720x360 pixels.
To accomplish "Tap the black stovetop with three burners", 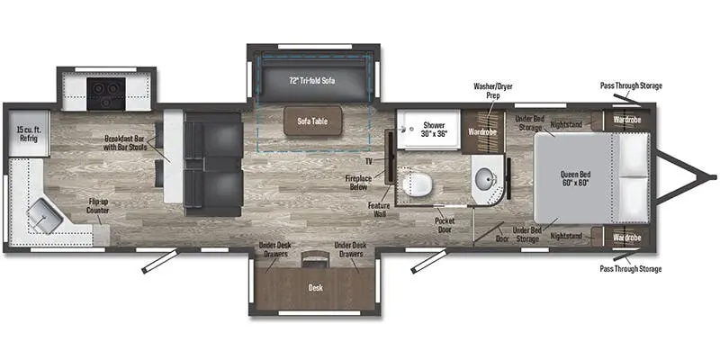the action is click(x=106, y=94).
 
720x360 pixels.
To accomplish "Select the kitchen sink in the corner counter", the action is click(x=44, y=217).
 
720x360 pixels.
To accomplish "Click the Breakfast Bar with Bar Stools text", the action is click(x=126, y=142).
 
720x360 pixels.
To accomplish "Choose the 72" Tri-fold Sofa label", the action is click(x=311, y=81).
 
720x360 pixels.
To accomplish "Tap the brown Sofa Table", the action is click(x=312, y=121).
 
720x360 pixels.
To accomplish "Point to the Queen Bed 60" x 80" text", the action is click(x=575, y=178).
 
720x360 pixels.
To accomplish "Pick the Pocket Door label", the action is click(x=445, y=225).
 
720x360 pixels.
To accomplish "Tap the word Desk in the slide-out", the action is click(x=316, y=287).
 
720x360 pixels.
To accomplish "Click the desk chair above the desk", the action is click(x=315, y=258).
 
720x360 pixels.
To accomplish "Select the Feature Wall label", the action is click(x=379, y=210).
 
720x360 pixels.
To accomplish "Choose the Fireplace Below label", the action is click(x=358, y=183).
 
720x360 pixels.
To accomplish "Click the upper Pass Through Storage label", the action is click(x=631, y=85).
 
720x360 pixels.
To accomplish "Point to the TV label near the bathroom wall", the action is click(x=369, y=161).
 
